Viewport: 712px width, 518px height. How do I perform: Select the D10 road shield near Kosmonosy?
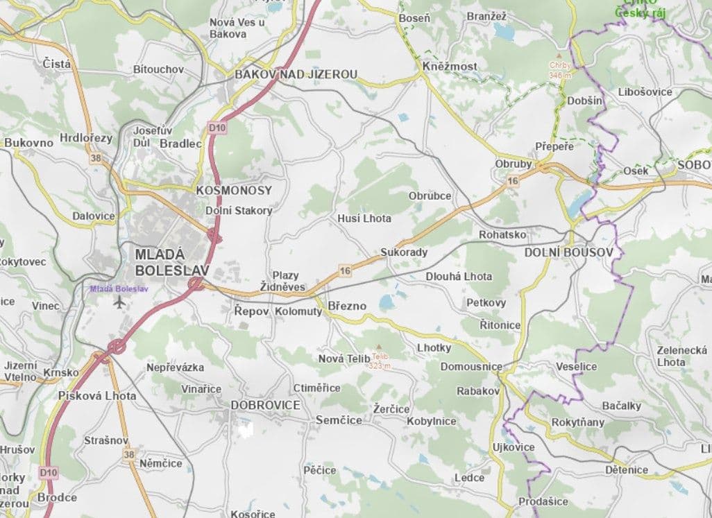pos(217,128)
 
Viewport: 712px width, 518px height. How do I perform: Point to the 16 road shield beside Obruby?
pos(513,181)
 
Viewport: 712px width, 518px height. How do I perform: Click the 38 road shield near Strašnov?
pos(129,454)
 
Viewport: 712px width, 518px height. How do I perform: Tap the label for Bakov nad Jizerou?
pos(296,74)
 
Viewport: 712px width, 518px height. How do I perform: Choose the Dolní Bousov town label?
pos(568,252)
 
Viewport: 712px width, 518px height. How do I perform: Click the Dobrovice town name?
pos(265,405)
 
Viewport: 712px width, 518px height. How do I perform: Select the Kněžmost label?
pos(449,66)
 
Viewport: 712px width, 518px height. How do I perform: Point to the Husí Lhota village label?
pos(364,218)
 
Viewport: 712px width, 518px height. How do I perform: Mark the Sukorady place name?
pos(404,252)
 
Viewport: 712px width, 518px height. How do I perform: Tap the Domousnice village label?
pos(471,365)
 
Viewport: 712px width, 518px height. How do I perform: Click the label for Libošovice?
pos(645,92)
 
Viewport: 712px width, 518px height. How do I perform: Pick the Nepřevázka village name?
pos(175,368)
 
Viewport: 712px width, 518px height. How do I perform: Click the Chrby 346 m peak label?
pos(559,70)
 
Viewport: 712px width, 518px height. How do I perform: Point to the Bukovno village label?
pos(28,143)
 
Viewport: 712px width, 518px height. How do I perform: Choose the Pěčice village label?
pos(319,470)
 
